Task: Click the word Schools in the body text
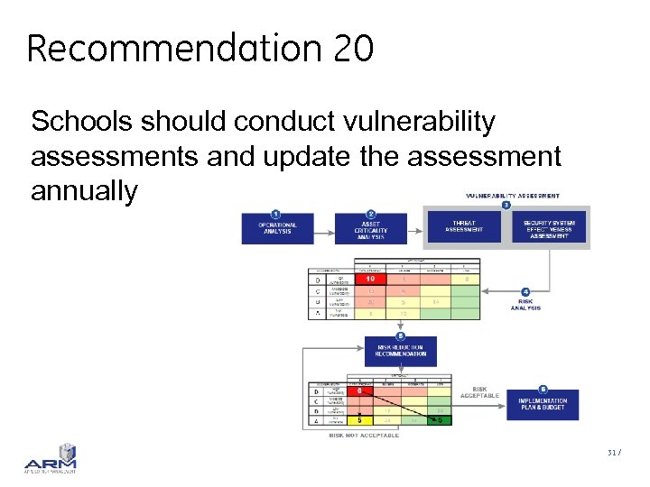(79, 122)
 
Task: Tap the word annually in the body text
(84, 190)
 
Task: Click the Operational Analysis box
(277, 229)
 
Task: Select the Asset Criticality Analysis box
(370, 229)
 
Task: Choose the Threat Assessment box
(464, 229)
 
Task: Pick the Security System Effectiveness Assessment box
(555, 229)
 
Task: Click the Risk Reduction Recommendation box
(400, 350)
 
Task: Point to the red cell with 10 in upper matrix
(370, 280)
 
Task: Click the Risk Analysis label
(525, 304)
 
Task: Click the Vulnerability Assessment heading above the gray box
(512, 196)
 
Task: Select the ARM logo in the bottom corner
(51, 458)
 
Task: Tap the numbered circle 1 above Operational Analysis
(275, 213)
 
